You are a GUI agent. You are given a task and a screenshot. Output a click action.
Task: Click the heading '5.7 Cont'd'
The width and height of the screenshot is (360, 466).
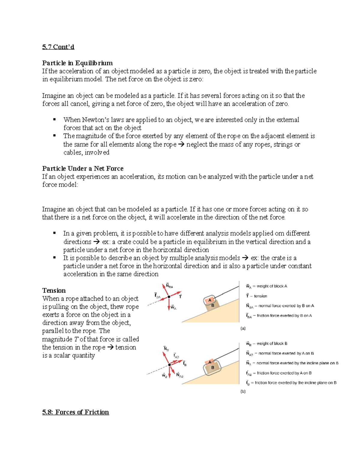tap(58, 47)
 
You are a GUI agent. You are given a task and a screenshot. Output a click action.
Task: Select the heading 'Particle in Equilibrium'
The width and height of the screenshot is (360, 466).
tap(77, 63)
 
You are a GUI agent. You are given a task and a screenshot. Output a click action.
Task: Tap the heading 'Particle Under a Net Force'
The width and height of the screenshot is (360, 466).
tap(83, 168)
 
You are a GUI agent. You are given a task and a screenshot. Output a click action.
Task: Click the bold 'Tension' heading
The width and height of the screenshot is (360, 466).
tap(54, 290)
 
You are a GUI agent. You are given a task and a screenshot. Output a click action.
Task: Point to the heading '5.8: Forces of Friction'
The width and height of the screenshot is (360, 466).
tap(76, 412)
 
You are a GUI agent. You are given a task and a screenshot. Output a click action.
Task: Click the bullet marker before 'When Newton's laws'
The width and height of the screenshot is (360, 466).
tap(55, 119)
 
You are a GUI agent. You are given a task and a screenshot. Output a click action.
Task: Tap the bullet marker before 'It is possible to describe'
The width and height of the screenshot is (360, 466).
tap(55, 257)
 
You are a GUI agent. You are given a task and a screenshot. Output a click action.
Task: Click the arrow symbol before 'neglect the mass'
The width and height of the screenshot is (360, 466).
tap(181, 144)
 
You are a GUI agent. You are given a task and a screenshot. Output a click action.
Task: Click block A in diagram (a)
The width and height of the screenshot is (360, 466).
tap(210, 300)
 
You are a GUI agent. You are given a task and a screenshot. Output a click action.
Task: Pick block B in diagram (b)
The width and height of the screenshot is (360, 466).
tap(213, 368)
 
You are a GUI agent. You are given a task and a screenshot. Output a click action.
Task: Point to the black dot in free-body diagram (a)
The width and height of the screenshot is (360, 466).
tap(169, 297)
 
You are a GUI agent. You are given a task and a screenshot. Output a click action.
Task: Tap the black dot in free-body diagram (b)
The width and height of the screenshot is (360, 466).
tap(169, 365)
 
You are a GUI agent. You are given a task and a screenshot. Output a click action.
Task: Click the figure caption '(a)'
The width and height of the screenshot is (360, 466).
tap(243, 328)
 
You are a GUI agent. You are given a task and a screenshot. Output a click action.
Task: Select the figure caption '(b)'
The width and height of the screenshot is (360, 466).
tap(243, 391)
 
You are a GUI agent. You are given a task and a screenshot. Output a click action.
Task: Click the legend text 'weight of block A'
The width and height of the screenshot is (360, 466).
tap(272, 286)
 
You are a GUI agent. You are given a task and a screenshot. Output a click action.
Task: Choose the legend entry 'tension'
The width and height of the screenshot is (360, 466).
tap(260, 296)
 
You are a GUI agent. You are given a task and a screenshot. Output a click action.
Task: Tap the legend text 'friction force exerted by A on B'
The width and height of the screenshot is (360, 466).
tap(284, 373)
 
